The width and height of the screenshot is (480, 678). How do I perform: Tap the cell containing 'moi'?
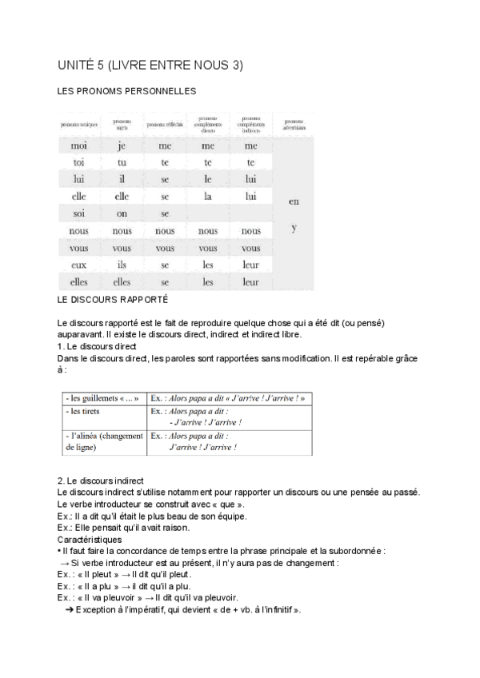tap(78, 146)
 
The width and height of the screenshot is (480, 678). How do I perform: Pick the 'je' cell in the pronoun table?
tap(122, 146)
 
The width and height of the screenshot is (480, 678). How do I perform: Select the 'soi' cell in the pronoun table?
tap(78, 213)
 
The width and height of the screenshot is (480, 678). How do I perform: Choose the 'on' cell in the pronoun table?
tap(122, 213)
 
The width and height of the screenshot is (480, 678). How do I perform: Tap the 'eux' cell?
tap(78, 265)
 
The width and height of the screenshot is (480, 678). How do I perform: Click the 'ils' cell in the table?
tap(122, 265)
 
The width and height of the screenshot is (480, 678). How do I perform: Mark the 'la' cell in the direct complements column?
tap(208, 197)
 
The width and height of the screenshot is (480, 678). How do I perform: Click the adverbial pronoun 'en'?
tap(294, 201)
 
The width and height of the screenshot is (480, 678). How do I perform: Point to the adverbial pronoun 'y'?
tap(294, 229)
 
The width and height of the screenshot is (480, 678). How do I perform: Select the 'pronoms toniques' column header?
tap(78, 126)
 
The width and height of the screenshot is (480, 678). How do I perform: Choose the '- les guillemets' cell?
tap(102, 398)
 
